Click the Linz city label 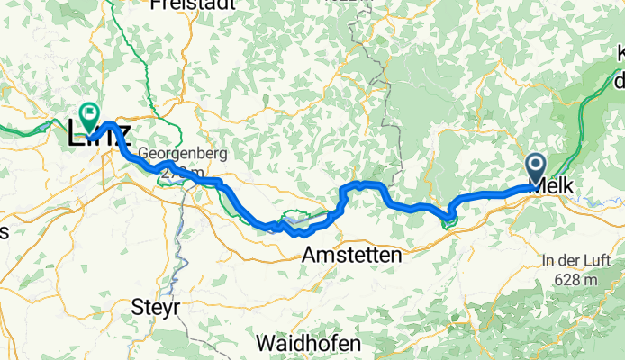click(100, 136)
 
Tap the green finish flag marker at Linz click(89, 115)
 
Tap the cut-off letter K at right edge click(620, 57)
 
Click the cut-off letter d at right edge click(619, 82)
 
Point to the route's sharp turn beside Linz click(107, 125)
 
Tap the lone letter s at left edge click(4, 232)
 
